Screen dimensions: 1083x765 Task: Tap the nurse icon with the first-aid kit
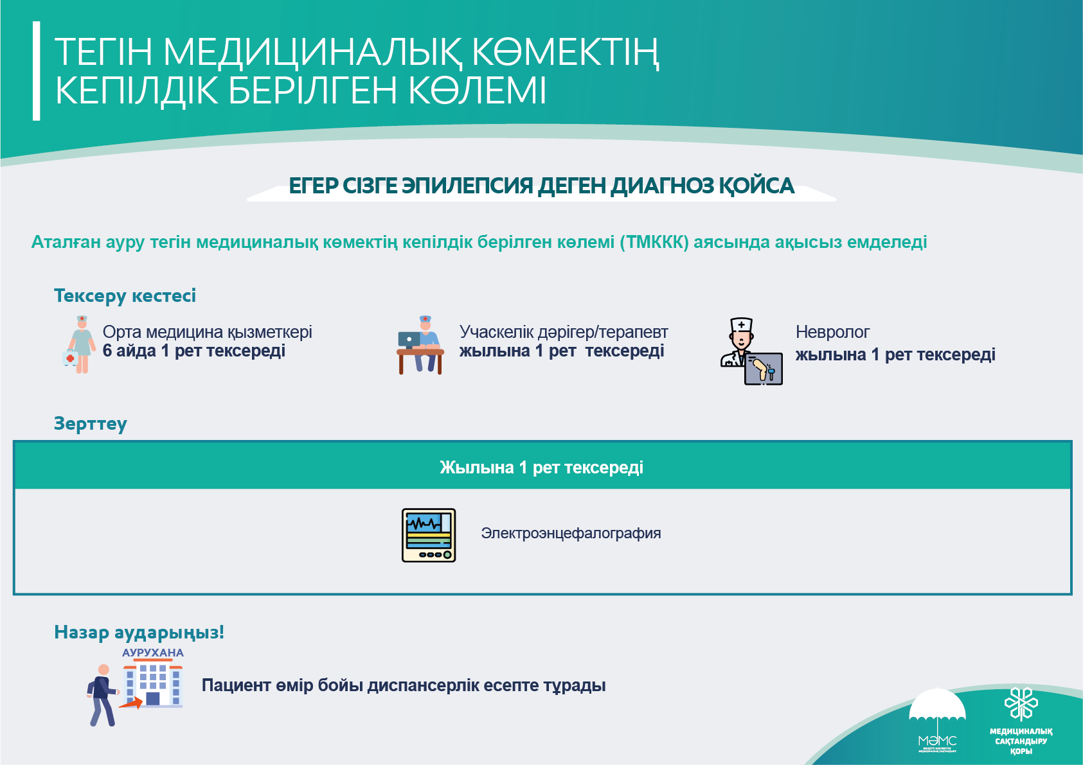(79, 344)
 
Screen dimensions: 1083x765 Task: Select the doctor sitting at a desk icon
(420, 345)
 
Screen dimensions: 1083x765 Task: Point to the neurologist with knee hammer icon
(751, 351)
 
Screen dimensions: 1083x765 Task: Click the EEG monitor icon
(429, 535)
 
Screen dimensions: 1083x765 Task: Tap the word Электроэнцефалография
(571, 534)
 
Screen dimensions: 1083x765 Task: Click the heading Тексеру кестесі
(125, 295)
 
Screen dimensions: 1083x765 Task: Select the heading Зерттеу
(91, 423)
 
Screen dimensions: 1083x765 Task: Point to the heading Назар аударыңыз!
(139, 633)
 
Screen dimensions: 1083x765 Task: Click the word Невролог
(832, 332)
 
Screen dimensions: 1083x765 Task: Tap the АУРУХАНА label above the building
(153, 653)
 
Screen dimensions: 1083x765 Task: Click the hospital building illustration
(153, 685)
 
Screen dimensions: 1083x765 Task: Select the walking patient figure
(102, 696)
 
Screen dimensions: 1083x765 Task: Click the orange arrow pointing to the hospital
(130, 703)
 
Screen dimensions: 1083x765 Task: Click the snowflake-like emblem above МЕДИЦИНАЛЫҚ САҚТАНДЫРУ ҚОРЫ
(1021, 703)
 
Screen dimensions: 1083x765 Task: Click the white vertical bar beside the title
(36, 71)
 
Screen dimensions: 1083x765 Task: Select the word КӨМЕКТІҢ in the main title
(565, 52)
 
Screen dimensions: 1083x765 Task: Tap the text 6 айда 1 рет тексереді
(194, 351)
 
